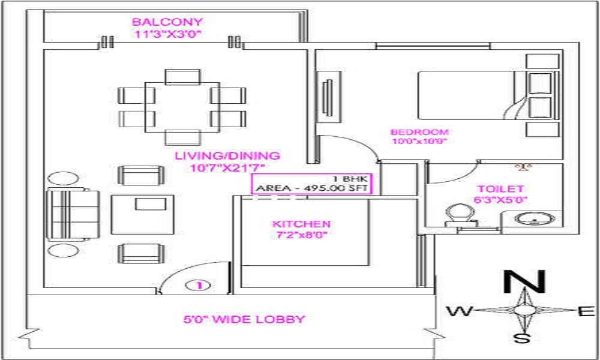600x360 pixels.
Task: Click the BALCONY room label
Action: click(167, 23)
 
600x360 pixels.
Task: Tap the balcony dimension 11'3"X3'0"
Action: click(167, 35)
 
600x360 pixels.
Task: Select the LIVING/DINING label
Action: click(227, 156)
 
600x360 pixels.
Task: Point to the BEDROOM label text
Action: click(419, 132)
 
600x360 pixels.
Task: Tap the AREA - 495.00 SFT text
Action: click(312, 188)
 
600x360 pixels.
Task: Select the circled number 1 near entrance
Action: click(199, 286)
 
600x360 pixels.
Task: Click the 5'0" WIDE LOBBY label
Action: click(244, 319)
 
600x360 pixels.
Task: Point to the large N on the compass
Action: click(524, 282)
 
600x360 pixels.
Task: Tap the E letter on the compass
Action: click(587, 311)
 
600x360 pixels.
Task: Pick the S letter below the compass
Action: click(523, 338)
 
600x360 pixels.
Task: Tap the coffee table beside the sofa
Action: click(143, 214)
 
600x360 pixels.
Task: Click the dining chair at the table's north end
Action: click(182, 76)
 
